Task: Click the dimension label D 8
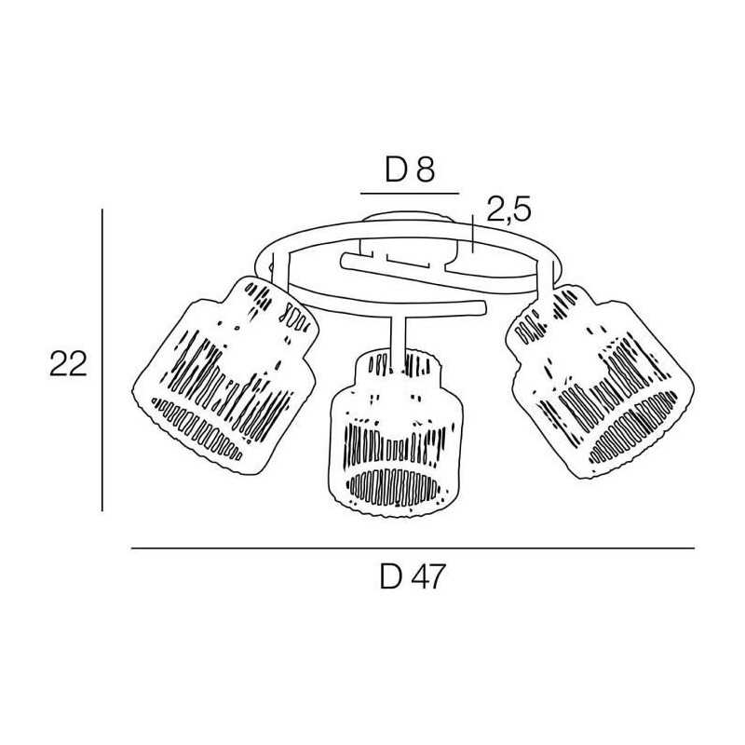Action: pos(410,170)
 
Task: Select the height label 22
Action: pos(68,364)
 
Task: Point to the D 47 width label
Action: pos(413,576)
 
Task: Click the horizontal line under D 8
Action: pos(410,194)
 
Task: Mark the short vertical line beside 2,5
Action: pos(473,234)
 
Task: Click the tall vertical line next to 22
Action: pos(102,359)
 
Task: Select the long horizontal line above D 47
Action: pos(413,549)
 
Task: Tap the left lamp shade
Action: pos(224,375)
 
